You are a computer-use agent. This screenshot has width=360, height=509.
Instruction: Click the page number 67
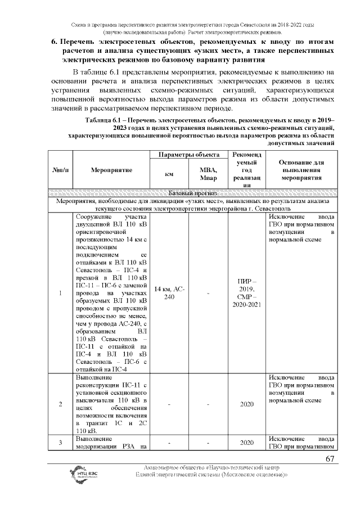click(x=330, y=460)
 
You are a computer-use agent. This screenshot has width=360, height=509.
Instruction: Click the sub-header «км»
click(x=168, y=174)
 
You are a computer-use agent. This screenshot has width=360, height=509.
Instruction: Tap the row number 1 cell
click(x=60, y=292)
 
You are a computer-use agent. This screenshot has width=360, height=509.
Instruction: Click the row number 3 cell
click(x=60, y=443)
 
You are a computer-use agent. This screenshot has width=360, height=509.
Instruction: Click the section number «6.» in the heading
click(x=55, y=42)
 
